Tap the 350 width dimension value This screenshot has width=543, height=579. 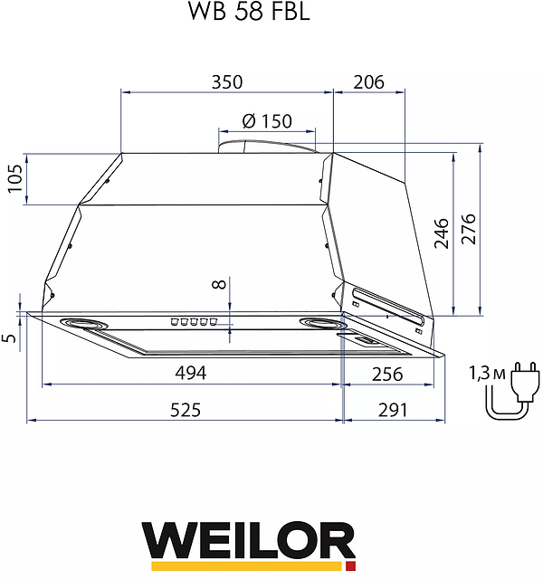click(x=227, y=81)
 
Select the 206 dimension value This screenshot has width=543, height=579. click(x=368, y=81)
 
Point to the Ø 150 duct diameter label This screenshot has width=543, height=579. click(x=267, y=121)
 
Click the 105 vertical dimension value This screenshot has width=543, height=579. click(x=14, y=178)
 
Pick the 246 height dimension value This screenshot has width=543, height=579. click(x=441, y=233)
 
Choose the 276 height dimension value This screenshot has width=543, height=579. click(x=468, y=233)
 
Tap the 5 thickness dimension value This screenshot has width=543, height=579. click(x=10, y=337)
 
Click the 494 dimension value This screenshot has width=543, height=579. click(x=191, y=373)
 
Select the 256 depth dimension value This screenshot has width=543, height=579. click(x=387, y=373)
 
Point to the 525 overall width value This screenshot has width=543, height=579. click(x=185, y=410)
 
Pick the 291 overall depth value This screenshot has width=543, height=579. click(x=392, y=410)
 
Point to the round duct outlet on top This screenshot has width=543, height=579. click(x=267, y=143)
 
